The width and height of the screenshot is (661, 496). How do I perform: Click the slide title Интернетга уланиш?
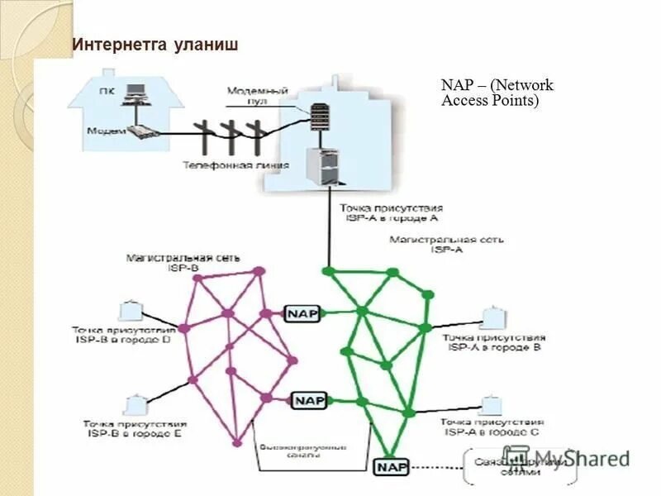[155, 44]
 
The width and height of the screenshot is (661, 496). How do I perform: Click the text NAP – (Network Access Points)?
[497, 93]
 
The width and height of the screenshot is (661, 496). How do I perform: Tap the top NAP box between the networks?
[302, 313]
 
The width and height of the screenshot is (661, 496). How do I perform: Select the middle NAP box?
[310, 400]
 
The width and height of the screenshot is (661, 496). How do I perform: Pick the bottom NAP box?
[392, 467]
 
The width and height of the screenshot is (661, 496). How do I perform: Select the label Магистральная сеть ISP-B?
[183, 262]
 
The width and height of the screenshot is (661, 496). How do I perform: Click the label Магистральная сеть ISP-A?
[447, 244]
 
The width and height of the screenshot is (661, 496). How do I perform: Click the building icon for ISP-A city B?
[492, 317]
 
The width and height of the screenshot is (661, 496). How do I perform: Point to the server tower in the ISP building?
[322, 165]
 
